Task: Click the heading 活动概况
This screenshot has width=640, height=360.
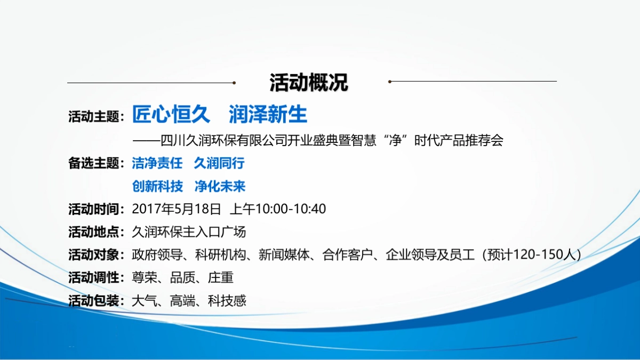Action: pyautogui.click(x=309, y=83)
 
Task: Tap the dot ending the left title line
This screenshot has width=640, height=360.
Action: pyautogui.click(x=234, y=83)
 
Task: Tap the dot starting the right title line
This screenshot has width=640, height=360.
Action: pyautogui.click(x=390, y=82)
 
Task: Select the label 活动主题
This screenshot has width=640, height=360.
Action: pyautogui.click(x=93, y=117)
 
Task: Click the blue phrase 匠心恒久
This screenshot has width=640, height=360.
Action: pyautogui.click(x=171, y=114)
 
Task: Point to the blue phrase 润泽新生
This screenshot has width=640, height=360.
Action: pyautogui.click(x=268, y=114)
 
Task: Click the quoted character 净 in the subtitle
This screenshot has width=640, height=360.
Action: pyautogui.click(x=396, y=140)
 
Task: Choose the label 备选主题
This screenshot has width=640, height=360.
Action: pyautogui.click(x=93, y=163)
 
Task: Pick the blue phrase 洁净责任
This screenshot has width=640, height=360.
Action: pyautogui.click(x=157, y=163)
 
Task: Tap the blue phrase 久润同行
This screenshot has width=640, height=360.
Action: pyautogui.click(x=219, y=163)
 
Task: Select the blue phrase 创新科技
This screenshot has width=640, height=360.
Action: pyautogui.click(x=157, y=187)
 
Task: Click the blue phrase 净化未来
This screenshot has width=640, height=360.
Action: pyautogui.click(x=220, y=187)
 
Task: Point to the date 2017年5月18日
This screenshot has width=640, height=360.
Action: pyautogui.click(x=177, y=209)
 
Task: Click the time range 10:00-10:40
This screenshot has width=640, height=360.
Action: pyautogui.click(x=291, y=209)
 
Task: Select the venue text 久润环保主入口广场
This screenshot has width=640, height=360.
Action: pyautogui.click(x=189, y=232)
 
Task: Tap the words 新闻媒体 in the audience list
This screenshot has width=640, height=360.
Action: pyautogui.click(x=284, y=255)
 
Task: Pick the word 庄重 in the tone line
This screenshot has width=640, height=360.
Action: pyautogui.click(x=221, y=278)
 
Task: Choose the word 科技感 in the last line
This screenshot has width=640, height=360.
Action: pyautogui.click(x=227, y=301)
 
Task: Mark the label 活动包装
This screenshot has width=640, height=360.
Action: pyautogui.click(x=93, y=301)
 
